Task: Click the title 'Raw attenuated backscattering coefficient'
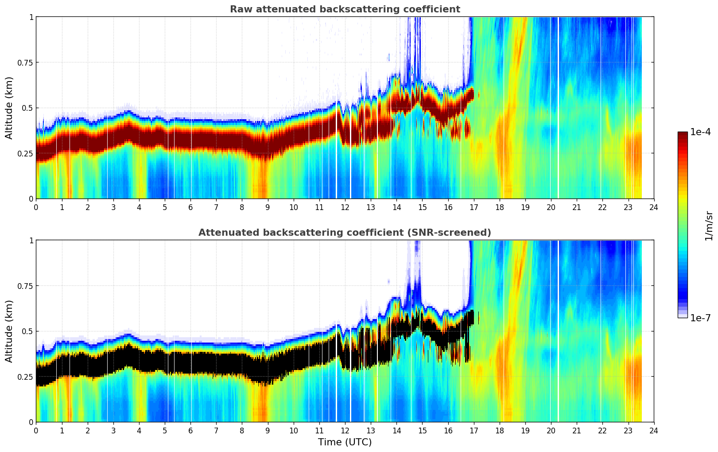click(345, 9)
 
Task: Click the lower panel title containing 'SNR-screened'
click(345, 233)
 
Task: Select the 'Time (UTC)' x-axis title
click(345, 442)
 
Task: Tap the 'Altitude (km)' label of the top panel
click(9, 108)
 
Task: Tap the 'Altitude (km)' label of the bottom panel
click(9, 331)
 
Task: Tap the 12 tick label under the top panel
click(345, 207)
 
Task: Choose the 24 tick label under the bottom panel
click(654, 431)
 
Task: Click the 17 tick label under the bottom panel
click(473, 431)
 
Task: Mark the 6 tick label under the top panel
click(190, 207)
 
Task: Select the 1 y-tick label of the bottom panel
click(31, 241)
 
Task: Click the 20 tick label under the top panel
click(551, 207)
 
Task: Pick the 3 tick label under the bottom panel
click(113, 431)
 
